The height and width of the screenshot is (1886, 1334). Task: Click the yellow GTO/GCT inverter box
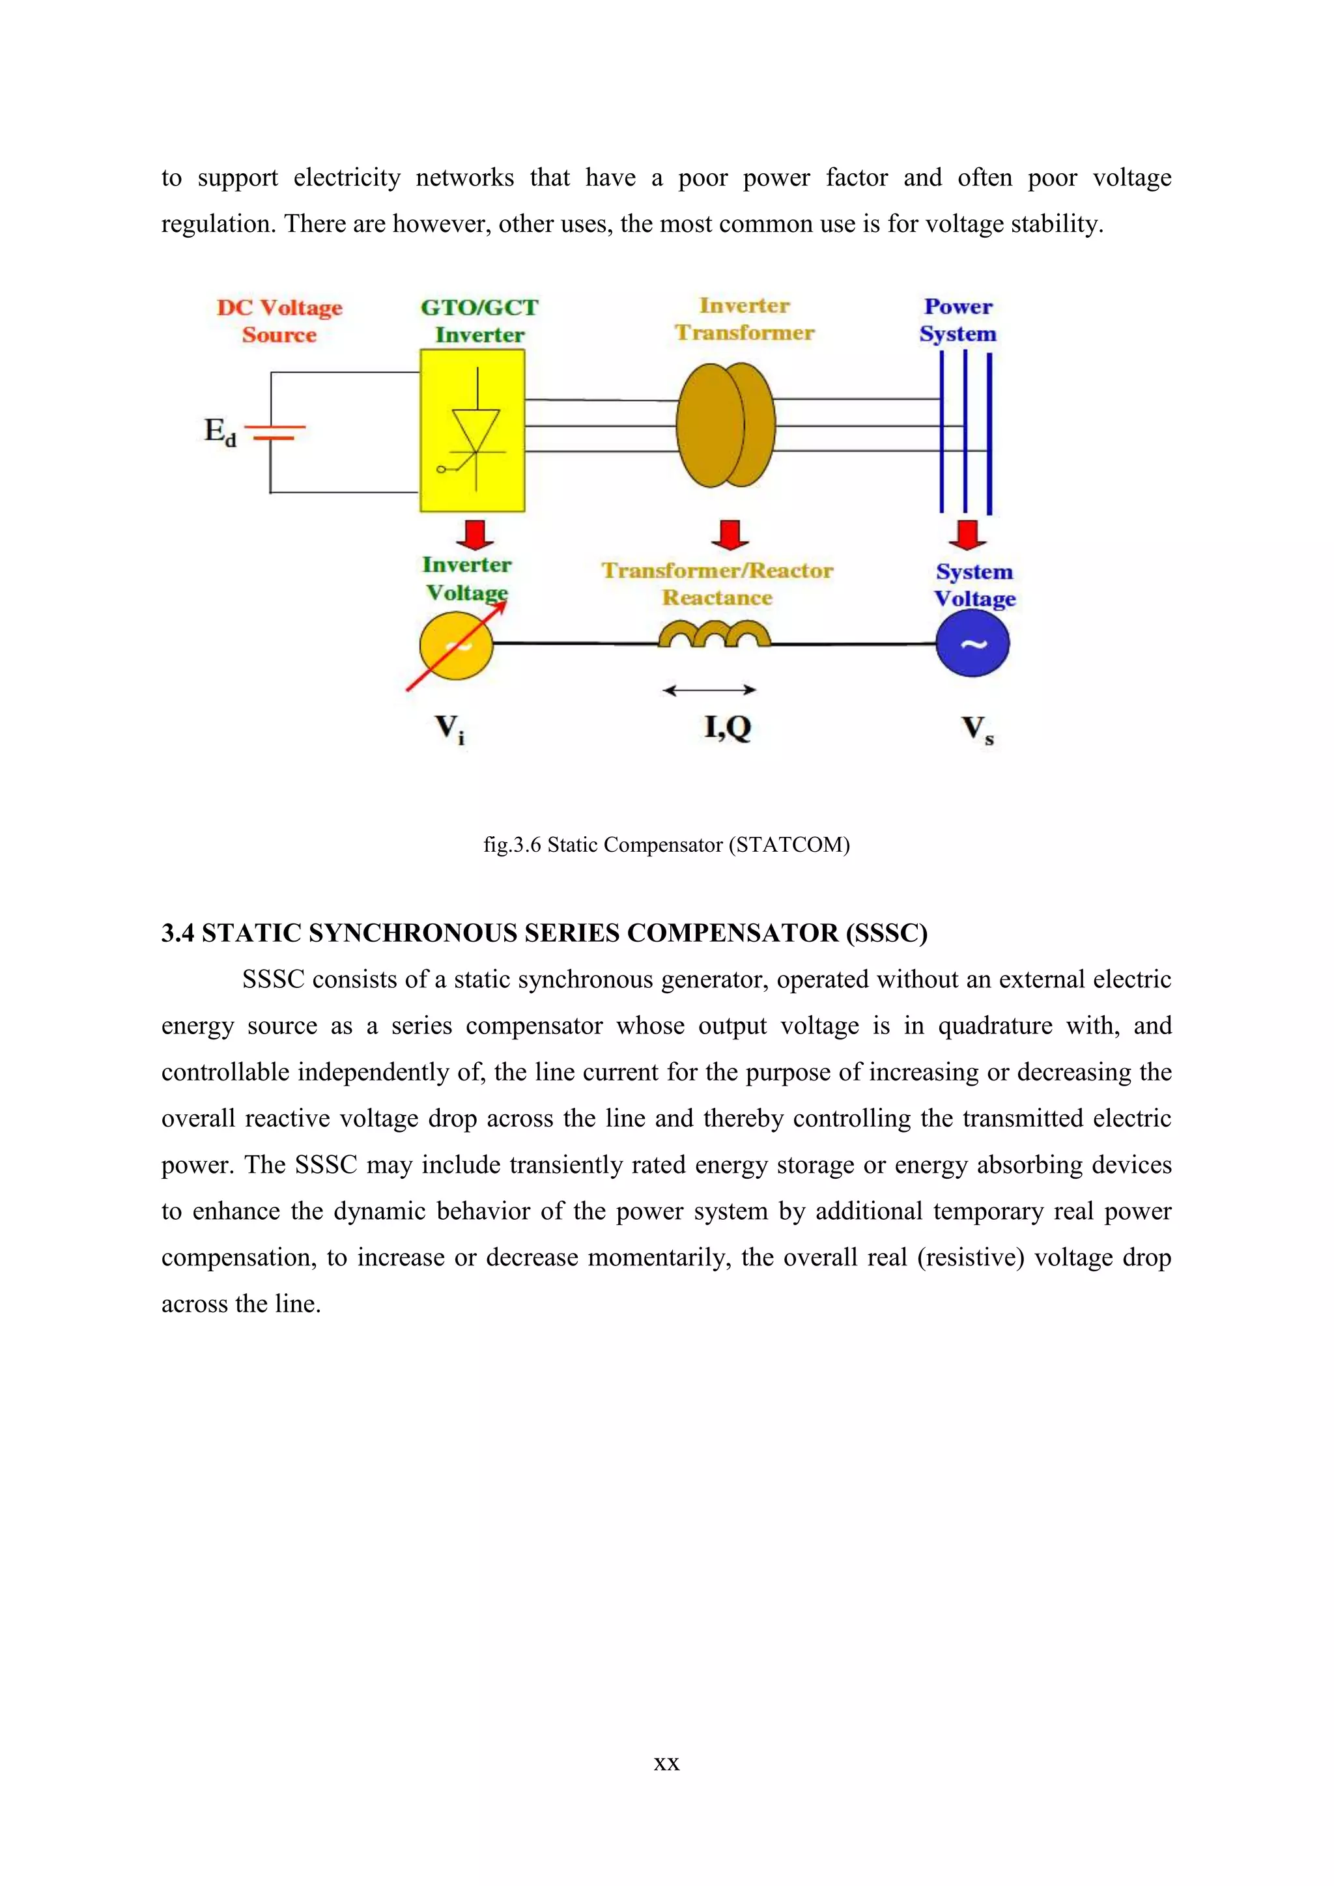472,430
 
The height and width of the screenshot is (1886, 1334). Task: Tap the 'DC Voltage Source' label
279,321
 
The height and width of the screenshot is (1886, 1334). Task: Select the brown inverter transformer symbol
726,425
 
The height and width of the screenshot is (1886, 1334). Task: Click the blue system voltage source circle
972,644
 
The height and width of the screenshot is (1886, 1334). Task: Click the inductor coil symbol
714,635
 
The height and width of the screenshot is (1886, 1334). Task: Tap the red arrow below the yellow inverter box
475,534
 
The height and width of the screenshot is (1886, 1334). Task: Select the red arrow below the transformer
729,534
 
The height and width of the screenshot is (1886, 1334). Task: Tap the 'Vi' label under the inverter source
449,729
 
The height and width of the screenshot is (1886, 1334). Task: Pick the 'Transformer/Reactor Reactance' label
717,584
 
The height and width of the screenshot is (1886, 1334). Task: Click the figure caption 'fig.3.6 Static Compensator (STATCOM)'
666,845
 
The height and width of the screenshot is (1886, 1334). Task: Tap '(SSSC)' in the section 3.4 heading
890,933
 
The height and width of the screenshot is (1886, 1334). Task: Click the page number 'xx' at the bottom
666,1763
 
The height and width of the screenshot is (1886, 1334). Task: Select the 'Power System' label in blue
958,320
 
